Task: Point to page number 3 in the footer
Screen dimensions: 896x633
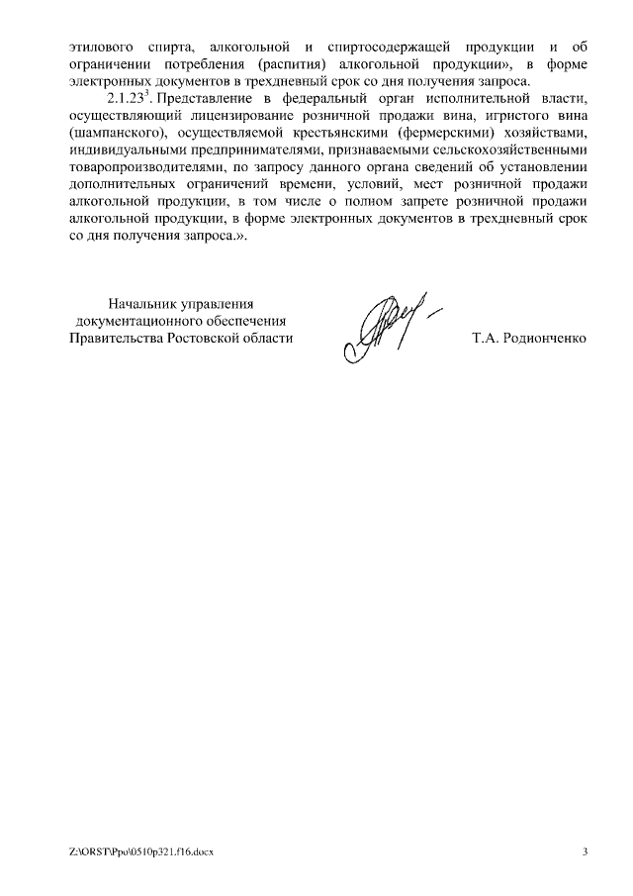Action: click(x=585, y=852)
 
